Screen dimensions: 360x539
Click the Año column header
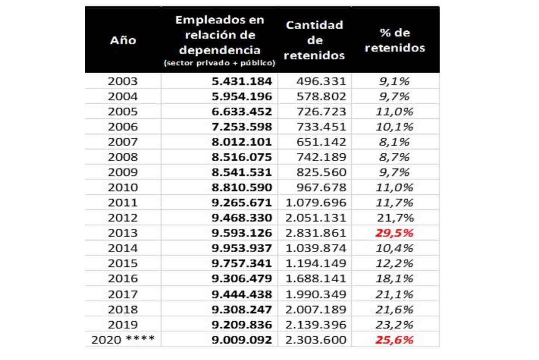123,40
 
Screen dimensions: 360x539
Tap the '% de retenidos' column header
395,40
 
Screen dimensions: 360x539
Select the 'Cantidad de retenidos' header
314,40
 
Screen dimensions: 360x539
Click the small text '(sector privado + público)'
220,63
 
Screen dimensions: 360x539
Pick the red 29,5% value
394,233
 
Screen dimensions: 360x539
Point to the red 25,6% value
394,340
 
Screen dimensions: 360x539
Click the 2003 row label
123,81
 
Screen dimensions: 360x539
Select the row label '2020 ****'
123,340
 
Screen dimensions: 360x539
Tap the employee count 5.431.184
241,81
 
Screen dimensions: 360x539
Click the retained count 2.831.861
316,233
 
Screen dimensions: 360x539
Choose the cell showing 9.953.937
241,248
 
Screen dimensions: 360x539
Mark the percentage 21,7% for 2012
395,218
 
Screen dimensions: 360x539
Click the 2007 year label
123,142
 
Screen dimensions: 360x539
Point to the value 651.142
321,142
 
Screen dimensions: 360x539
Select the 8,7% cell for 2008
394,157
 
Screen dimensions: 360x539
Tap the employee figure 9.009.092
241,340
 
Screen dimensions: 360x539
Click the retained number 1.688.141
316,279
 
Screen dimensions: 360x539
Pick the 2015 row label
123,263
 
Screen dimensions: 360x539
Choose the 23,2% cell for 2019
394,325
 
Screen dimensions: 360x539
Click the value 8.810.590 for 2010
241,188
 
